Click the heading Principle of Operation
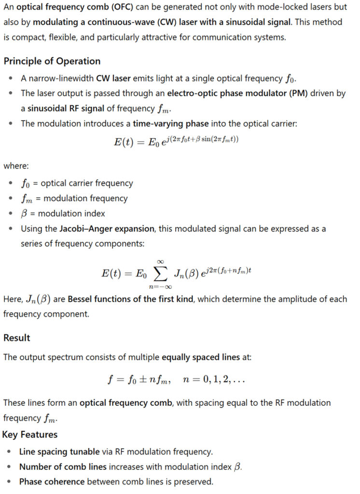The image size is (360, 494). [52, 61]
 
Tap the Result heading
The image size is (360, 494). [17, 338]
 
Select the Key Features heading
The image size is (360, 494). [30, 435]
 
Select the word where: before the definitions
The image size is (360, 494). [16, 166]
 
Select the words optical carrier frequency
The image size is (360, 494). [87, 183]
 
